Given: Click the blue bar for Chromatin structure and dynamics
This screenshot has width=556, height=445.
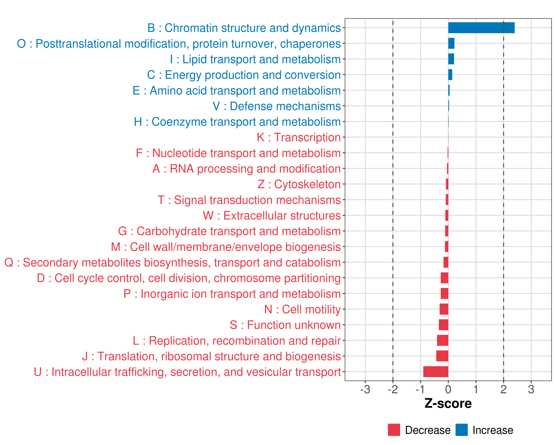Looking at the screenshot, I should [x=481, y=28].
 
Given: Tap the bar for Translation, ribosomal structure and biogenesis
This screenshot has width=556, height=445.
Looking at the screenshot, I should [x=442, y=356].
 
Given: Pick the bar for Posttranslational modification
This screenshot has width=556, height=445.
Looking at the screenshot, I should [x=451, y=43].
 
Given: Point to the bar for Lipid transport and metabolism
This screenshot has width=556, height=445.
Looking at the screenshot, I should [x=451, y=59].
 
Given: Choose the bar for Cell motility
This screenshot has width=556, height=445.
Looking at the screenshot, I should [x=444, y=309].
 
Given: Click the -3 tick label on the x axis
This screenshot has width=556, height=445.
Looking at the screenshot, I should [x=365, y=389].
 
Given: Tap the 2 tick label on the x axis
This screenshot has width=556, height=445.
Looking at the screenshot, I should [x=503, y=389].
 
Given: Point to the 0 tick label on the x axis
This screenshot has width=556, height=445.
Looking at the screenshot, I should [x=448, y=389].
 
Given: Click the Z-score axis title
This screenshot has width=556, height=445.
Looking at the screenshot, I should [x=448, y=403].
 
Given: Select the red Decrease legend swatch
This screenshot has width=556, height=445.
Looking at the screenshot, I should [x=394, y=430].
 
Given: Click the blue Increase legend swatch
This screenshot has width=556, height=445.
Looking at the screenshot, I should [x=461, y=430].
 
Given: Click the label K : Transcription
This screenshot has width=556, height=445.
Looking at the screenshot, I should [x=299, y=137].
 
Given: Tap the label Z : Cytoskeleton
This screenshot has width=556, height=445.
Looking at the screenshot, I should [x=299, y=184].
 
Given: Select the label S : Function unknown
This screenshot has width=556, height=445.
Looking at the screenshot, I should [x=285, y=325].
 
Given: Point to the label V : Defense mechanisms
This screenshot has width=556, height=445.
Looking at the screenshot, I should [x=277, y=106].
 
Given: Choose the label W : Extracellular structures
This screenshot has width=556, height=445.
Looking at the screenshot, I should [x=272, y=215].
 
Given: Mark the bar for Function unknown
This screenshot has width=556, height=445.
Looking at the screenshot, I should [x=444, y=325].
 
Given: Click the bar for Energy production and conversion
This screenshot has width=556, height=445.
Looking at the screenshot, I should [x=450, y=75].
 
